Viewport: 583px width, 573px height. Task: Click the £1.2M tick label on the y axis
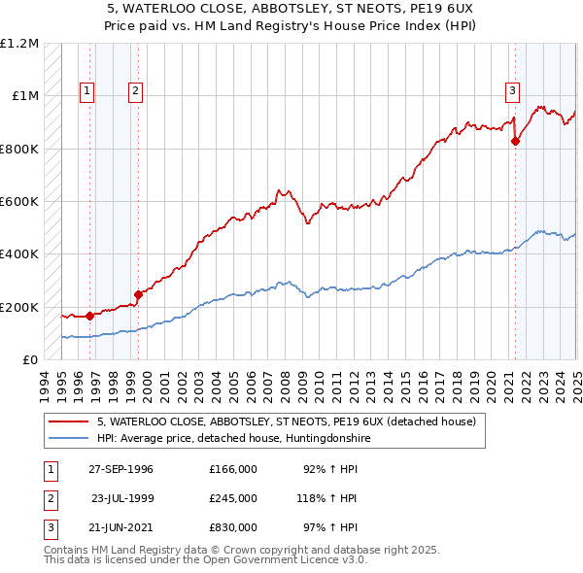(x=19, y=44)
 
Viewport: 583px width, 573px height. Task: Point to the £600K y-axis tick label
(x=19, y=202)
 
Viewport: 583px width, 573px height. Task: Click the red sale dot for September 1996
(x=89, y=316)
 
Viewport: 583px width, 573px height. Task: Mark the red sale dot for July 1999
(x=138, y=294)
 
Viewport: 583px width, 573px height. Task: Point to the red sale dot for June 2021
(x=515, y=141)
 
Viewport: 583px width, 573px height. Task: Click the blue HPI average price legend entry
(x=233, y=439)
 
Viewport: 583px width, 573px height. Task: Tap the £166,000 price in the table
(x=233, y=470)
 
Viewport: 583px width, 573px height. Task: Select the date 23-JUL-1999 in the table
(x=122, y=498)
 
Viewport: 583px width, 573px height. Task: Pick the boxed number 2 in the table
(x=49, y=498)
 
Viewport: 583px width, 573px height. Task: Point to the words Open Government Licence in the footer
(x=282, y=560)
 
